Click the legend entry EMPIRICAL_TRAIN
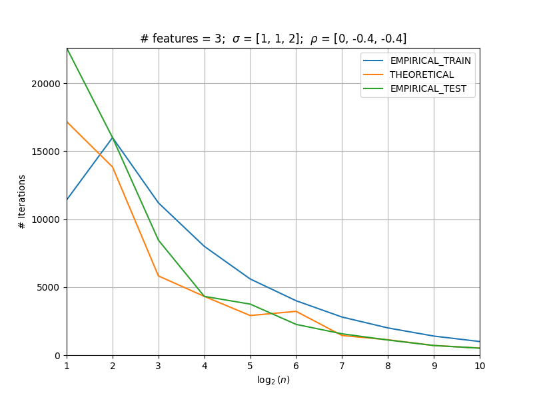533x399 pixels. [x=430, y=61]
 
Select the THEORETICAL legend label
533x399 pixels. [x=422, y=74]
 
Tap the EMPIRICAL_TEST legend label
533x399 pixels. [x=428, y=88]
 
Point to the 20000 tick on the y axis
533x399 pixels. [x=45, y=84]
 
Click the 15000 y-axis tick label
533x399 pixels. [x=45, y=152]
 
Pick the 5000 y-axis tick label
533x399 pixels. [x=48, y=288]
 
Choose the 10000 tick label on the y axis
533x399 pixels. [x=45, y=220]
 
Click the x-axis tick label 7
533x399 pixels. [x=342, y=366]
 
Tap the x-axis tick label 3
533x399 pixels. [x=159, y=366]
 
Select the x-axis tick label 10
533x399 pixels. [x=480, y=366]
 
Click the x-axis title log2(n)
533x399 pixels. [x=273, y=380]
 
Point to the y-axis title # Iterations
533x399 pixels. [x=22, y=202]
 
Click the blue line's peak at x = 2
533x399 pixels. [x=113, y=137]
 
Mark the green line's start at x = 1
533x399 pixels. [x=67, y=49]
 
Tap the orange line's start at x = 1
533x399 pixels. [x=67, y=122]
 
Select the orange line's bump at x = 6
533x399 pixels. [x=296, y=311]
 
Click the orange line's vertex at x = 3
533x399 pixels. [x=159, y=276]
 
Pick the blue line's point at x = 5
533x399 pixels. [x=251, y=279]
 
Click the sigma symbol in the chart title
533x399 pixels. [x=237, y=39]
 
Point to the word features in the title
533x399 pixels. [x=175, y=39]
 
